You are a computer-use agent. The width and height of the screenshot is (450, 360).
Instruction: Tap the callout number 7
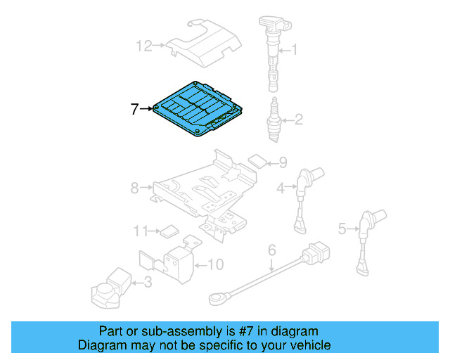[135, 109]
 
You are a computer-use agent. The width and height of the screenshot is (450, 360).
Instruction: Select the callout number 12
[143, 46]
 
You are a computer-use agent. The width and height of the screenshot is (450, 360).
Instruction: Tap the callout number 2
[298, 120]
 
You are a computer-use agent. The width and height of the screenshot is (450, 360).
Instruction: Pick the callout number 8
[135, 188]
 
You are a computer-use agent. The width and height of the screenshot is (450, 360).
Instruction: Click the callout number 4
[281, 188]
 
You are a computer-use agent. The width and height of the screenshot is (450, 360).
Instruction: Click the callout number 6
[272, 250]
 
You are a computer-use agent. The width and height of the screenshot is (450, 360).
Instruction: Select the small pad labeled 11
[169, 229]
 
